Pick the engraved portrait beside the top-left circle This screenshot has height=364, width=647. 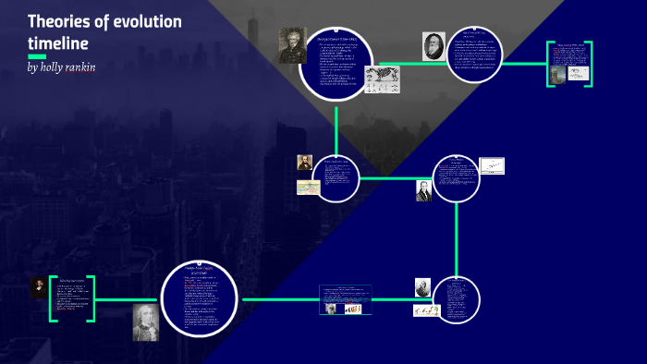click(292, 44)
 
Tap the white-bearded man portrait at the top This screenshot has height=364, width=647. click(433, 46)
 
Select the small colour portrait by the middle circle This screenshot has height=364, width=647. click(304, 164)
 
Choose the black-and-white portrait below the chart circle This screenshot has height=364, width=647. click(423, 190)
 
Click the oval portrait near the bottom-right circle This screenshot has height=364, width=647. click(422, 287)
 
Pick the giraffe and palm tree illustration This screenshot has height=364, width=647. click(425, 311)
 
